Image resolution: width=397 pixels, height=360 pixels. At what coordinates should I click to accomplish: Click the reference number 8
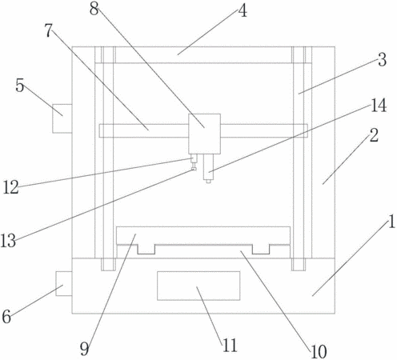pyautogui.click(x=94, y=10)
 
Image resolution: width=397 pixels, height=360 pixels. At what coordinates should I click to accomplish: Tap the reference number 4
pyautogui.click(x=243, y=11)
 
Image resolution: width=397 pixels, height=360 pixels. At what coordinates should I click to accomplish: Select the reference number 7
pyautogui.click(x=48, y=30)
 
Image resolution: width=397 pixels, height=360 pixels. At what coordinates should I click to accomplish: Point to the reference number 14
pyautogui.click(x=379, y=106)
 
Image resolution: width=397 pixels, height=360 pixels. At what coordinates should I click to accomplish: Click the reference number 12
pyautogui.click(x=10, y=187)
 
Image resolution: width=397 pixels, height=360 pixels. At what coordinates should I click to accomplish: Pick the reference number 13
pyautogui.click(x=8, y=241)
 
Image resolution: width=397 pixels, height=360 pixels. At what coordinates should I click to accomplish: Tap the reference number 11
pyautogui.click(x=230, y=346)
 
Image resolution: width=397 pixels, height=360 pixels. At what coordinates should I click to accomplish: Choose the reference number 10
pyautogui.click(x=319, y=351)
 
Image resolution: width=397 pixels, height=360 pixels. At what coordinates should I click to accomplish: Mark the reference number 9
pyautogui.click(x=84, y=349)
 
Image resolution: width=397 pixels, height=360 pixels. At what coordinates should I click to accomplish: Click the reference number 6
pyautogui.click(x=6, y=317)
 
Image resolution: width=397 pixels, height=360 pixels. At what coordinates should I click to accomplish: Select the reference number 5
pyautogui.click(x=20, y=86)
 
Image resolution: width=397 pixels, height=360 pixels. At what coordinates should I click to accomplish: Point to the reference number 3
pyautogui.click(x=383, y=60)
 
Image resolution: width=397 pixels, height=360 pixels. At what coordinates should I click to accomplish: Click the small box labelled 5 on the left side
pyautogui.click(x=62, y=118)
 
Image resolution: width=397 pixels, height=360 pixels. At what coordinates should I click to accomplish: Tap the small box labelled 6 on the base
pyautogui.click(x=64, y=283)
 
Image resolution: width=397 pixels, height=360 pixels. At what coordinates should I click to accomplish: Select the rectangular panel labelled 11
pyautogui.click(x=198, y=286)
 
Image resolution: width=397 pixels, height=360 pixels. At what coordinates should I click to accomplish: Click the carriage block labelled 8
pyautogui.click(x=204, y=134)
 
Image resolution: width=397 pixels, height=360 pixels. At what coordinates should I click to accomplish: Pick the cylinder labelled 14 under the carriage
pyautogui.click(x=208, y=167)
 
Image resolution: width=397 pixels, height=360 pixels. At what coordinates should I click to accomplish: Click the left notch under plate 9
pyautogui.click(x=146, y=249)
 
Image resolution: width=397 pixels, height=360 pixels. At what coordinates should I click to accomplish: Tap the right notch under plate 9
pyautogui.click(x=261, y=249)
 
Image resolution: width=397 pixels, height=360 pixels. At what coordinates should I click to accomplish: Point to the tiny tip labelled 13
pyautogui.click(x=194, y=169)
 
